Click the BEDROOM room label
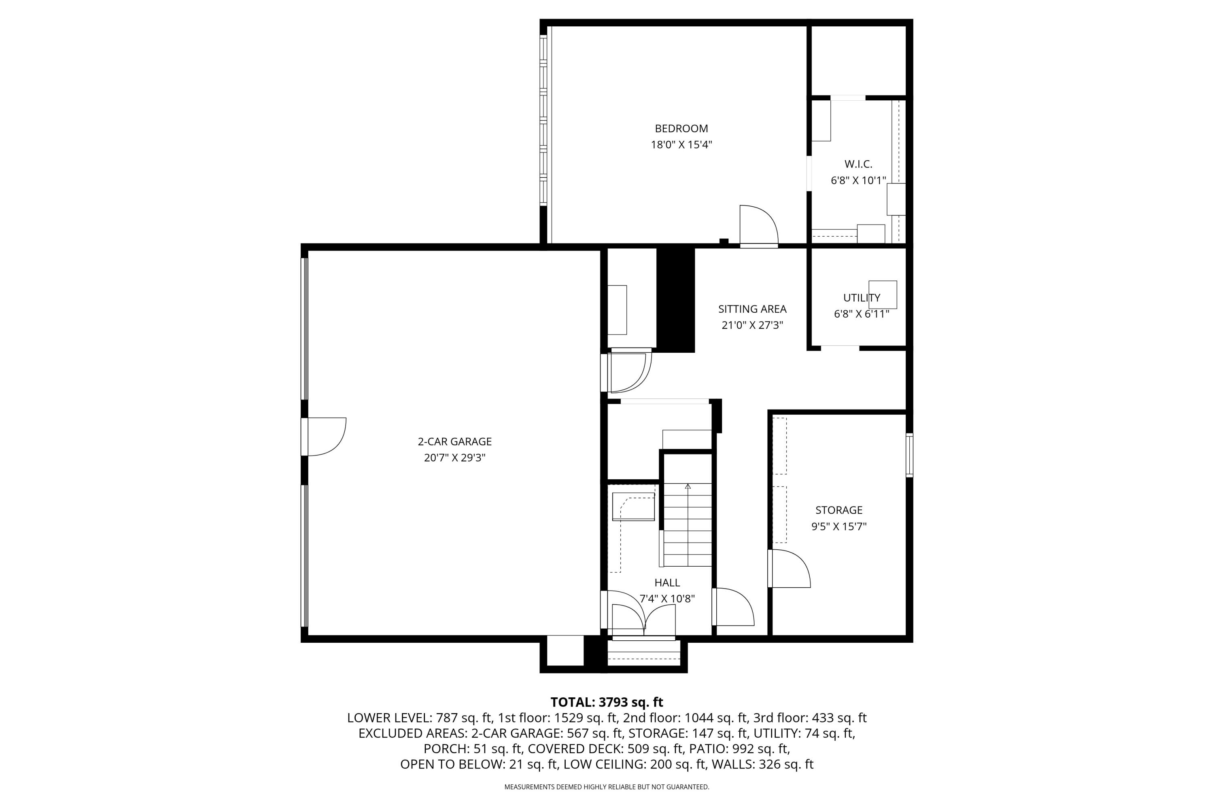point(681,129)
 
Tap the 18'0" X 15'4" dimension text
point(681,145)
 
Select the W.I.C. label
point(858,164)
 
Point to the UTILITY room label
point(862,298)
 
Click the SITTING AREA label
point(752,309)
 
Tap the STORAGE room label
point(839,510)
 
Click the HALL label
point(667,582)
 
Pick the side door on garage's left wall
point(325,437)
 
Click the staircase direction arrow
point(688,486)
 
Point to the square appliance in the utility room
point(883,294)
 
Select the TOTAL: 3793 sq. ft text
point(607,702)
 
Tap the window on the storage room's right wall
point(909,455)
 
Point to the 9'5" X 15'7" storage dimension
point(839,527)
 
